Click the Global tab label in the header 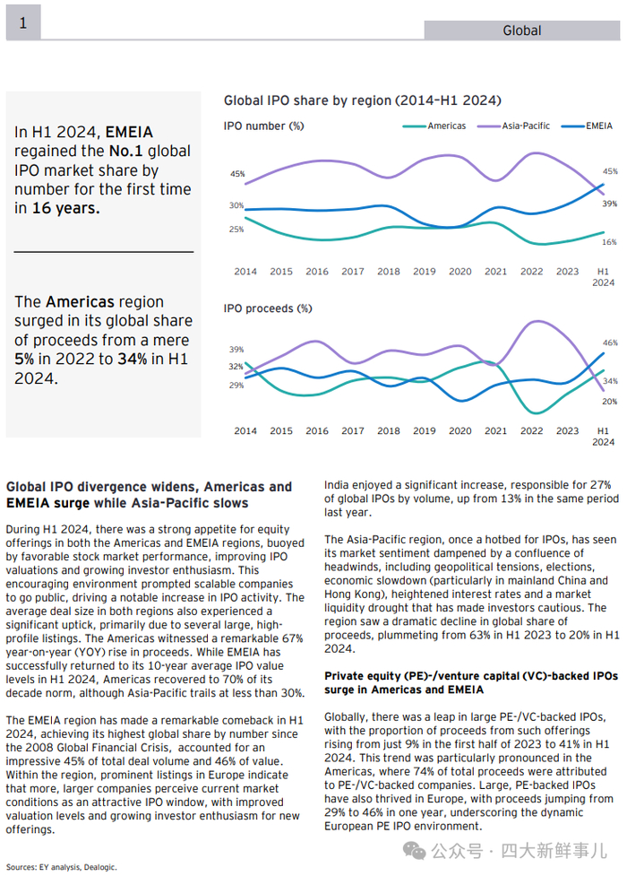pyautogui.click(x=521, y=30)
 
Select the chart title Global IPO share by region pyautogui.click(x=362, y=100)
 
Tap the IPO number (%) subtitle pyautogui.click(x=263, y=126)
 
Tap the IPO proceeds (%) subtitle pyautogui.click(x=268, y=308)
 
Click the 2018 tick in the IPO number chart pyautogui.click(x=389, y=272)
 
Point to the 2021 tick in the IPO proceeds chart pyautogui.click(x=495, y=431)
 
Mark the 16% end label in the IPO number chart pyautogui.click(x=609, y=242)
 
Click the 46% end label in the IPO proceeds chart pyautogui.click(x=609, y=343)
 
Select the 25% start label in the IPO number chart pyautogui.click(x=236, y=230)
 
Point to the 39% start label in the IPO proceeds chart pyautogui.click(x=236, y=350)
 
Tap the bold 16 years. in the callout pyautogui.click(x=67, y=208)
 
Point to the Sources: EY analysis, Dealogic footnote pyautogui.click(x=62, y=867)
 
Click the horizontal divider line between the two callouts pyautogui.click(x=103, y=252)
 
